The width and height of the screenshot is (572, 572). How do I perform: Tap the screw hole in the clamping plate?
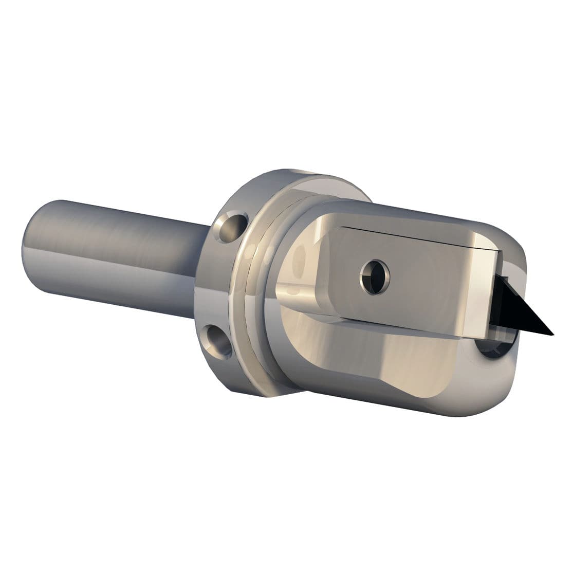coord(375,276)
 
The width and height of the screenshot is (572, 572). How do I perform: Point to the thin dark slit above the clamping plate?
coord(411,234)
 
